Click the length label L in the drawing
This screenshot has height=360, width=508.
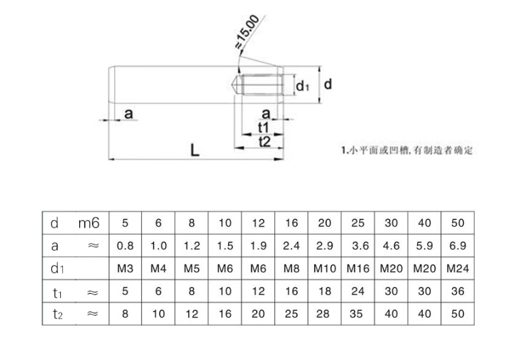(x=195, y=150)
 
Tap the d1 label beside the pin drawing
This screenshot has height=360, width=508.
(x=303, y=85)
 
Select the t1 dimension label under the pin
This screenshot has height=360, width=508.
(x=264, y=128)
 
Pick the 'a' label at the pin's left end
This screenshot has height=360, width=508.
(x=128, y=113)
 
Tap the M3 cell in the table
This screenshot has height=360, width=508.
(x=125, y=268)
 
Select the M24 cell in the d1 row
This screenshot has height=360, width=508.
(x=458, y=268)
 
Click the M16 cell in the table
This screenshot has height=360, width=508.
(x=358, y=268)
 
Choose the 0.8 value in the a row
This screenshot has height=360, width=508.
(x=125, y=245)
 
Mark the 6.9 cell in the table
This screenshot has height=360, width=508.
(x=458, y=245)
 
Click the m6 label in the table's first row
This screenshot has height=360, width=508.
(x=89, y=222)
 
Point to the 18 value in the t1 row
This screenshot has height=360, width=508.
(x=324, y=292)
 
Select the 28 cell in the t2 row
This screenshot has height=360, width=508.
(x=324, y=315)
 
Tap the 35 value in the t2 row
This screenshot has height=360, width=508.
(x=358, y=315)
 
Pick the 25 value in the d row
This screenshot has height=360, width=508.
(x=358, y=222)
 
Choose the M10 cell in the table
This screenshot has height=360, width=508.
(x=325, y=268)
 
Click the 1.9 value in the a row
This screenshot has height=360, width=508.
(x=258, y=245)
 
